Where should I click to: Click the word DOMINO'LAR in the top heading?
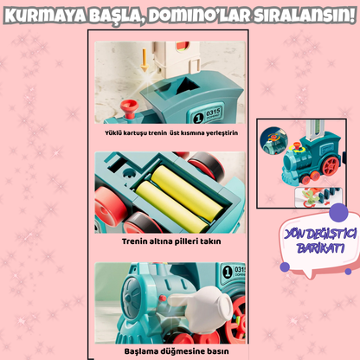coord(199,15)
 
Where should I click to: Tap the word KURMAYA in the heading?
coord(44,16)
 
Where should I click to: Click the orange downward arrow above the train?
coord(145,60)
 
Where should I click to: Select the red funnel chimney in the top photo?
coord(129,108)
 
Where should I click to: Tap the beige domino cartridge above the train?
coord(177,59)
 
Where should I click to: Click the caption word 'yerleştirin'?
coord(222,133)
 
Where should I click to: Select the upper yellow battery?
coord(187,193)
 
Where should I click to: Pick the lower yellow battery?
coord(171,205)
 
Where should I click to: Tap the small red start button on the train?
coord(163,298)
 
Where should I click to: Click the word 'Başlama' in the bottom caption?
coord(138,351)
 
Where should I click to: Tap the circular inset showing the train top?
coord(274,141)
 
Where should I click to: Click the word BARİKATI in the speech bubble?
coord(320,247)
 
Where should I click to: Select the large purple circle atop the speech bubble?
coord(338,213)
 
